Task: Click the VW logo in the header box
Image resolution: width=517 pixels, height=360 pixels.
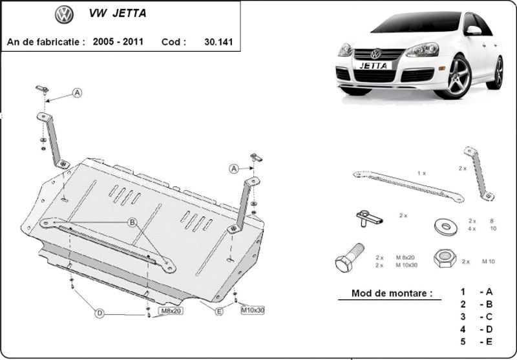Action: pos(64,14)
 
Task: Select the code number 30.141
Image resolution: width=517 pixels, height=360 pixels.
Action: pos(218,42)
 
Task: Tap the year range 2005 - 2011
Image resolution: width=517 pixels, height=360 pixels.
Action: pos(118,41)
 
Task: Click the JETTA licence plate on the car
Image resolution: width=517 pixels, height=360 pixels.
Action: pos(374,66)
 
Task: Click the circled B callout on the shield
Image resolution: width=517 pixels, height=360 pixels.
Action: pos(132,222)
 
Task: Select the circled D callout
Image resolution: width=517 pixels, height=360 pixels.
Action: pos(100,313)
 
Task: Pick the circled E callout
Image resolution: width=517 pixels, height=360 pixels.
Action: pos(219,311)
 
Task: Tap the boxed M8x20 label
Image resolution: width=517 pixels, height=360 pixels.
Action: pos(171,310)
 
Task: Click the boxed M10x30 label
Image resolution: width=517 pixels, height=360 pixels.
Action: pos(253,310)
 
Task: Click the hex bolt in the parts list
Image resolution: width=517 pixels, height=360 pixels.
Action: pos(350,257)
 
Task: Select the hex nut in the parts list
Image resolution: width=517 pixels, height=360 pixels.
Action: pos(445,258)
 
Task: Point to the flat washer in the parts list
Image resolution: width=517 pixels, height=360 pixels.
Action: pos(446,226)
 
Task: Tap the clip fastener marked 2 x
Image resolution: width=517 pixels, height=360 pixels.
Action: pos(369,218)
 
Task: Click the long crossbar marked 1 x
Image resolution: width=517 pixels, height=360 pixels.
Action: pos(408,185)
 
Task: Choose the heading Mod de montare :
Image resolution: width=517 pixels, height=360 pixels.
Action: pos(392,293)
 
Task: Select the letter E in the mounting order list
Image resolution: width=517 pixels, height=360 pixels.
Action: pos(489,341)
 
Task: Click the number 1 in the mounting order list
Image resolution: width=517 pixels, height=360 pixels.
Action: pos(463,291)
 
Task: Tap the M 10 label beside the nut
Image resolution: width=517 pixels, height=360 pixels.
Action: pos(489,261)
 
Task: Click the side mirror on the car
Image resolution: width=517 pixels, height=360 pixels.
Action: pos(474,30)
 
